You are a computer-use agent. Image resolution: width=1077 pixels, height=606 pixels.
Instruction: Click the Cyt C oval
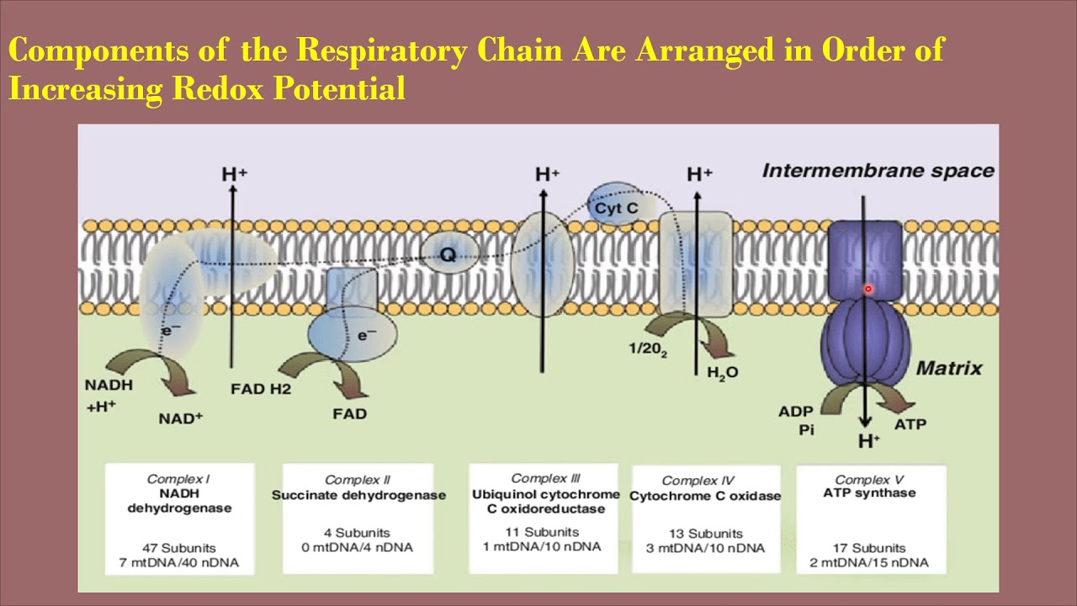616,206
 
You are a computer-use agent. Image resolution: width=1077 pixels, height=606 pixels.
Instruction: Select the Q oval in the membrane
448,253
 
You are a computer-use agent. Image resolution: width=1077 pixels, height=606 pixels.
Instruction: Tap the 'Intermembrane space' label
878,171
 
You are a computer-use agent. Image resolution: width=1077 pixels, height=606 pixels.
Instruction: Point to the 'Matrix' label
948,368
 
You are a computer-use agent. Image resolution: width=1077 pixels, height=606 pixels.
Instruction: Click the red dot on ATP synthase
867,290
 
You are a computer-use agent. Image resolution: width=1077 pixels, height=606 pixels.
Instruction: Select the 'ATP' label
910,424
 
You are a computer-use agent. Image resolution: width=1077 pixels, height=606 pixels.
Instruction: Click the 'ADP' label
795,412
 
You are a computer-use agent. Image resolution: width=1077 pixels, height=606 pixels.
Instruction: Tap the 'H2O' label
722,372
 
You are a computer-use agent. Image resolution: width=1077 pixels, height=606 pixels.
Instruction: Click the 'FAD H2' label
260,389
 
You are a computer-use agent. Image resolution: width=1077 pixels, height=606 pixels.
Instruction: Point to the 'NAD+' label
181,417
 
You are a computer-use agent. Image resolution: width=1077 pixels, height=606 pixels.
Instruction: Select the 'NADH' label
109,385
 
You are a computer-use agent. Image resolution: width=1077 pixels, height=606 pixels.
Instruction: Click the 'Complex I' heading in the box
178,479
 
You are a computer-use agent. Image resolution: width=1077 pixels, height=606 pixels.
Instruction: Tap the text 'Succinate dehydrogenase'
358,495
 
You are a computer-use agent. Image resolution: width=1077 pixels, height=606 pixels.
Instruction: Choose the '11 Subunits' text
544,532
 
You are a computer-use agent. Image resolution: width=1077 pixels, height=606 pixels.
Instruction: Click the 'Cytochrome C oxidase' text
705,496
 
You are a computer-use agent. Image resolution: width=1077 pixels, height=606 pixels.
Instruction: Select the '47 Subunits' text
178,547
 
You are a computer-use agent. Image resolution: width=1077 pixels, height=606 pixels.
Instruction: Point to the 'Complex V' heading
870,479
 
